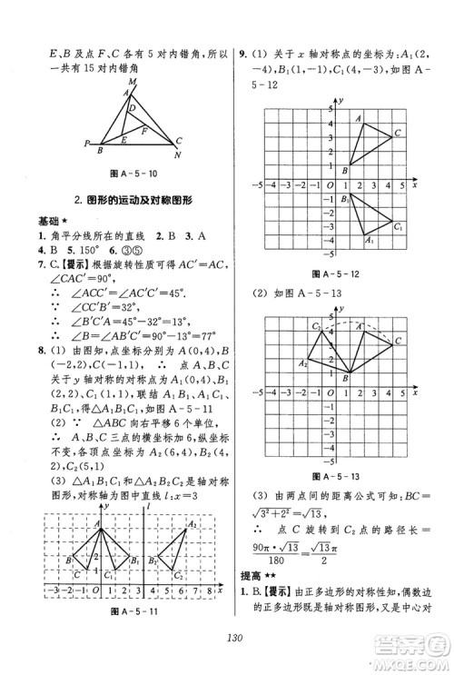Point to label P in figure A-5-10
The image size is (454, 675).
(85, 144)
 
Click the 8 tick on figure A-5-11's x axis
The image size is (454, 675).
(211, 591)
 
